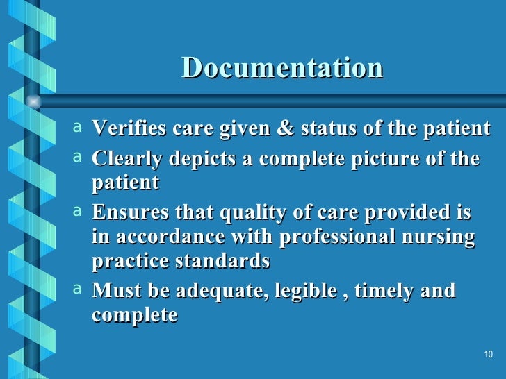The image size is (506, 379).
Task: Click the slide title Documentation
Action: pyautogui.click(x=282, y=68)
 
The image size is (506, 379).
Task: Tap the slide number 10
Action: pyautogui.click(x=487, y=355)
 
